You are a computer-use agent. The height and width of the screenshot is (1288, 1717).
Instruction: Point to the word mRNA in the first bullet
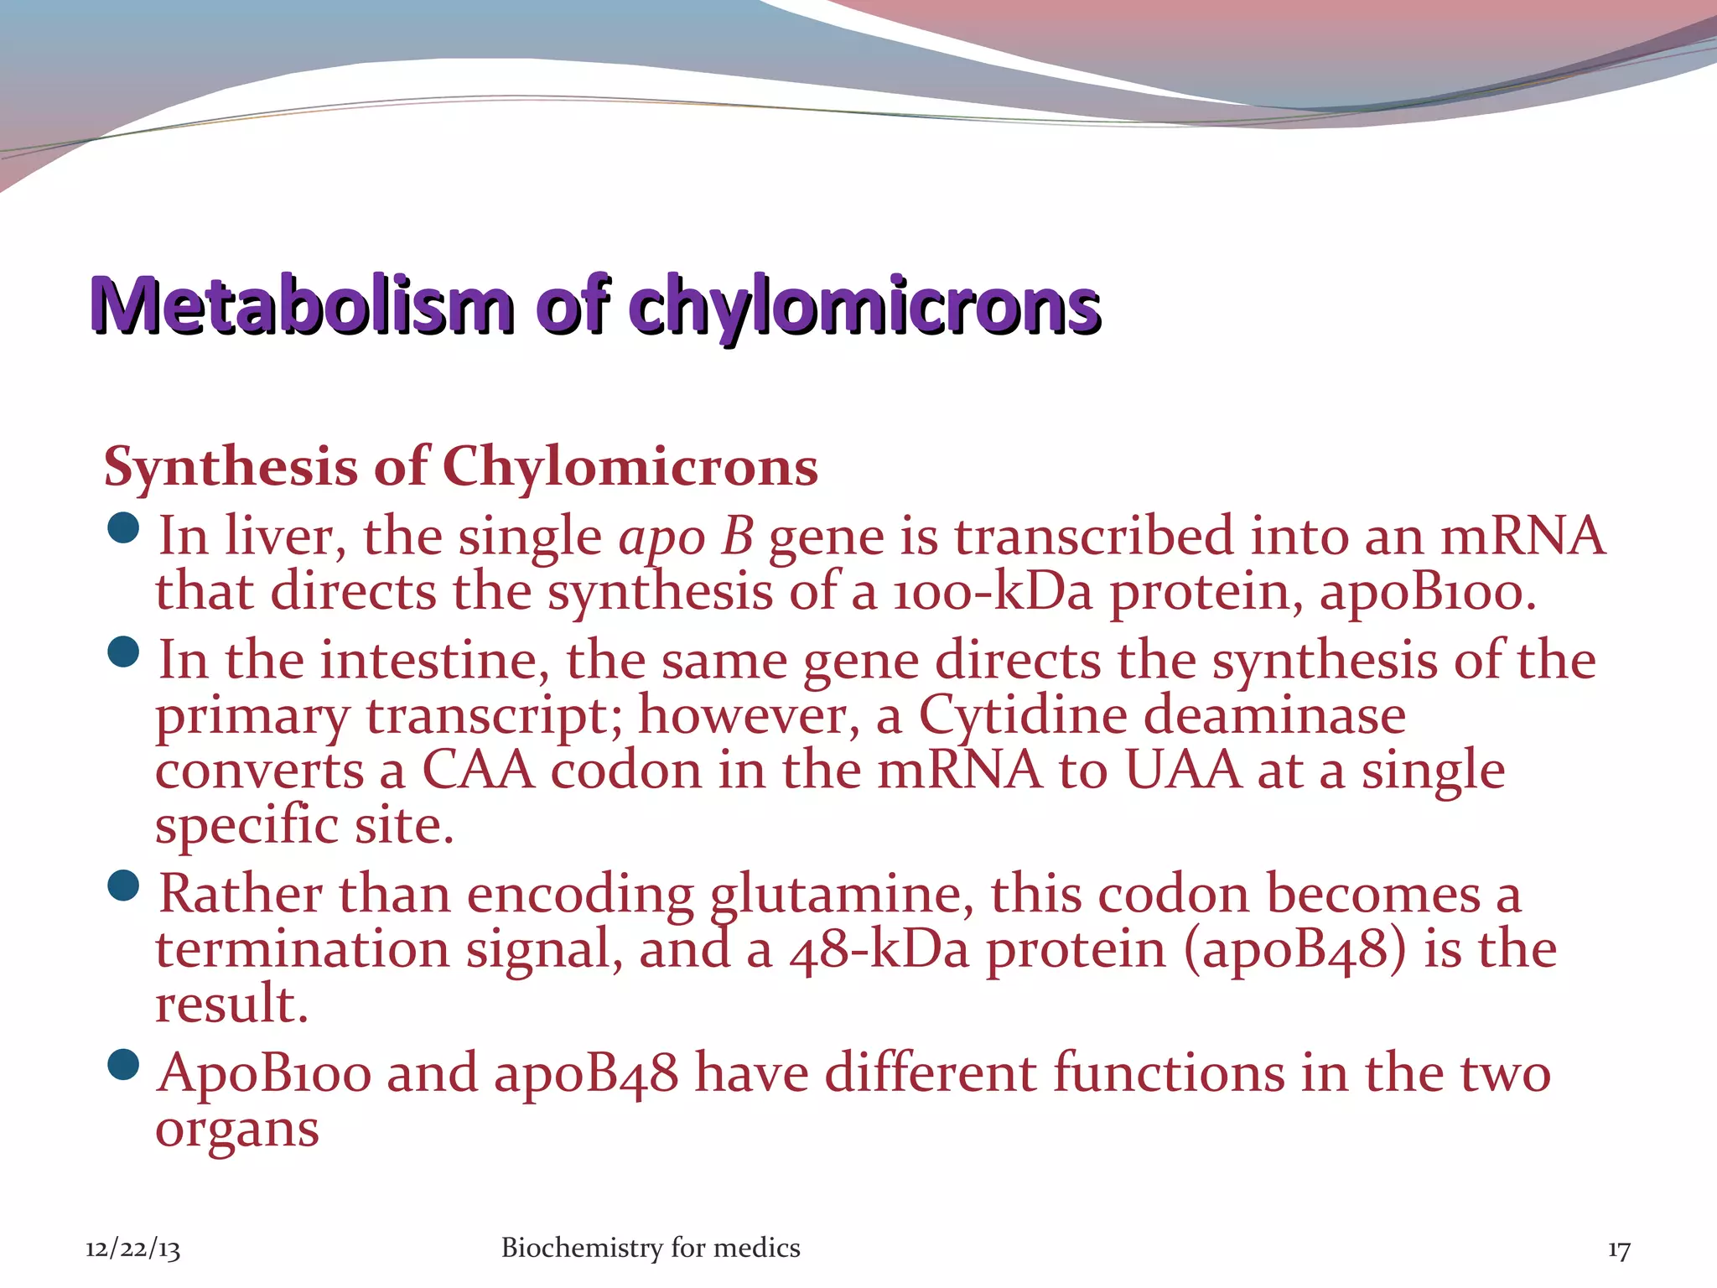1522,537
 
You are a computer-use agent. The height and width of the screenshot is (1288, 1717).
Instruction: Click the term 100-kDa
993,592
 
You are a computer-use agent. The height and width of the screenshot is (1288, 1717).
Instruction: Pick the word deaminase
1274,716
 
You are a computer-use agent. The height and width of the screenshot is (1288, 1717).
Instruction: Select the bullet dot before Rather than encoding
124,885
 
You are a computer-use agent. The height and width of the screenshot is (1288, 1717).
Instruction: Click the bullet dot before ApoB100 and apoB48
124,1065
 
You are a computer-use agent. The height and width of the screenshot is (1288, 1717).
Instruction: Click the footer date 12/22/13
132,1249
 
